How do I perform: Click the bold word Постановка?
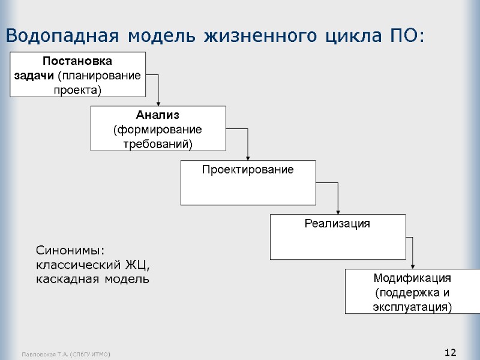(x=77, y=61)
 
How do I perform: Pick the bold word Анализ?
(x=158, y=115)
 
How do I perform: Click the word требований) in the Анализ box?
(x=158, y=144)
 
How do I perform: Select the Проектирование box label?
(x=247, y=170)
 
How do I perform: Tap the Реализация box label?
(x=337, y=223)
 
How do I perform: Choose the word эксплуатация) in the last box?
(x=412, y=307)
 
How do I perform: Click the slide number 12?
(x=451, y=352)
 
